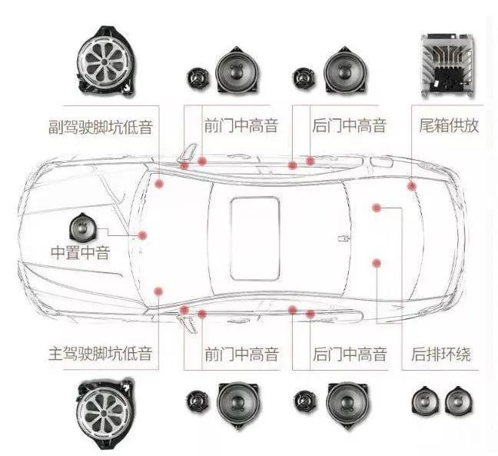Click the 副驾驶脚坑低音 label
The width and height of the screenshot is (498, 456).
101,126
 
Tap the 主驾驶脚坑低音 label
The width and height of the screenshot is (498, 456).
101,354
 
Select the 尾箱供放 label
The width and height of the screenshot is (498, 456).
449,125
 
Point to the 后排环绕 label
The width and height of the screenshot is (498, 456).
441,354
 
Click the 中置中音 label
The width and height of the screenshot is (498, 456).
81,253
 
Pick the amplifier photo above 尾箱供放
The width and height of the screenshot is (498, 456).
447,65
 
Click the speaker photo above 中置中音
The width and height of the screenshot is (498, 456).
81,227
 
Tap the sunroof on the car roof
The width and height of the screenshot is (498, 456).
255,238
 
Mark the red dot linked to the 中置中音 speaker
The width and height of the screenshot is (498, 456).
142,235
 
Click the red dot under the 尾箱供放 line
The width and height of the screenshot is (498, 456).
412,186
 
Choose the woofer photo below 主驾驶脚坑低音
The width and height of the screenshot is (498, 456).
105,413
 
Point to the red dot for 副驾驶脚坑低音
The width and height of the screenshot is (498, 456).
159,183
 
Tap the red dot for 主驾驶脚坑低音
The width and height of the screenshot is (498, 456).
158,291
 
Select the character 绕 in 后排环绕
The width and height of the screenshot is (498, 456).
463,354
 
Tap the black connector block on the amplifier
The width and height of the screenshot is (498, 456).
448,78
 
